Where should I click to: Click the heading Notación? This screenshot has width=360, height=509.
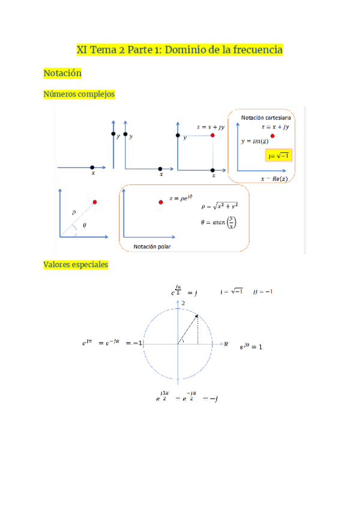62,73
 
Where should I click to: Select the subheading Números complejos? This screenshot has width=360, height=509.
79,94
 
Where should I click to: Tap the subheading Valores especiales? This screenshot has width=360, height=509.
76,264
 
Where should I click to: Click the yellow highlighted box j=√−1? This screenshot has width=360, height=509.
278,156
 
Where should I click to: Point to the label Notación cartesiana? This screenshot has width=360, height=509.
266,116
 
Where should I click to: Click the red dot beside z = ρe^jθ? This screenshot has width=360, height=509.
161,202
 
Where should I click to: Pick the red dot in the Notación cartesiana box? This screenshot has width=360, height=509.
273,137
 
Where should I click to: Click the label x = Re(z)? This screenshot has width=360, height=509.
275,179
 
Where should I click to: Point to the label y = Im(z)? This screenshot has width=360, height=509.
255,141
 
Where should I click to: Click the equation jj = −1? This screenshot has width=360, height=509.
263,292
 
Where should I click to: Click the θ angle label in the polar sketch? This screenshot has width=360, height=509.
83,226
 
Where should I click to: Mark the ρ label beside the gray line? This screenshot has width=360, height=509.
73,212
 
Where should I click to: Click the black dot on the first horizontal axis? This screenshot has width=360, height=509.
92,167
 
